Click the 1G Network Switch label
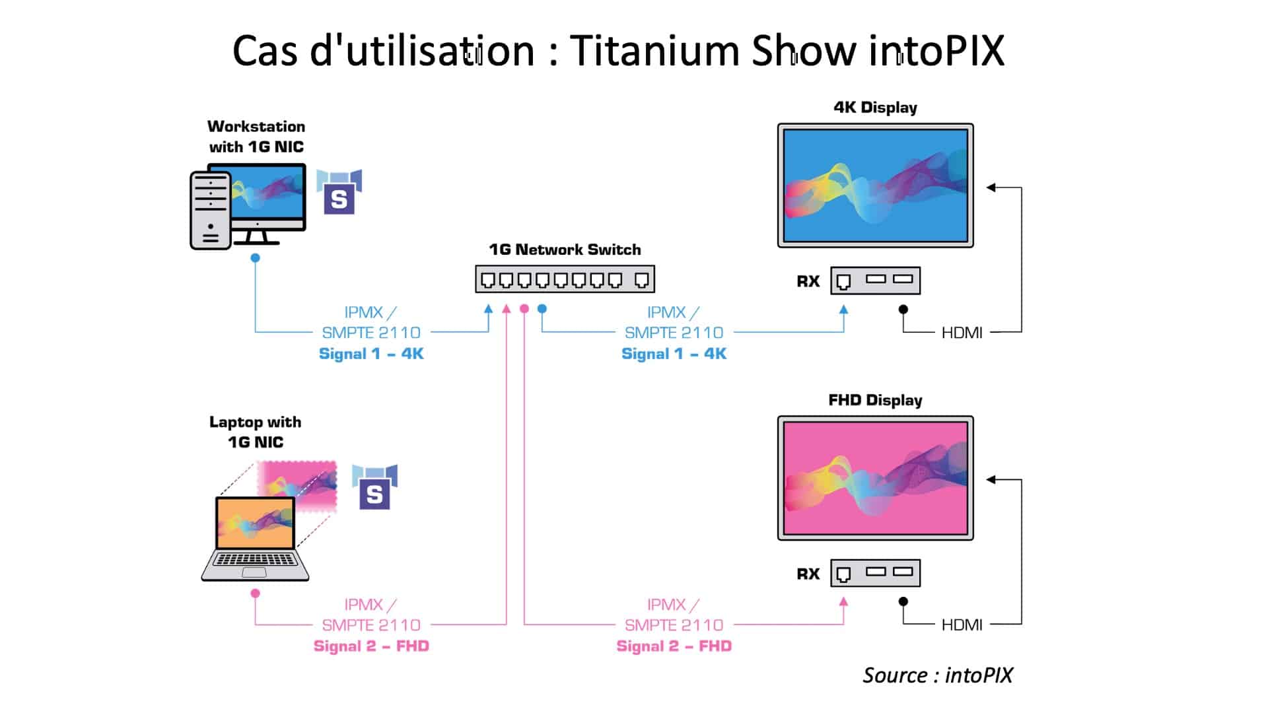pos(565,250)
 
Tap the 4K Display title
pos(875,108)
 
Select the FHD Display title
pos(875,400)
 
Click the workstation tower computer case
pos(210,210)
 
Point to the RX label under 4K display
pos(808,281)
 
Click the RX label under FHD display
pos(808,574)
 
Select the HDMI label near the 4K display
pos(962,333)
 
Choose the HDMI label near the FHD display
pos(962,625)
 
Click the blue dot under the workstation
pos(255,257)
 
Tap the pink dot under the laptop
pos(255,594)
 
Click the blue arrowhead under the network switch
pos(488,308)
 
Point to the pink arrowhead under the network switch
pos(507,308)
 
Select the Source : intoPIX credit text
pos(938,675)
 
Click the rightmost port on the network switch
pos(641,281)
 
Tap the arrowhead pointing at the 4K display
pos(991,187)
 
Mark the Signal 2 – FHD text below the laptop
pos(371,646)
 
